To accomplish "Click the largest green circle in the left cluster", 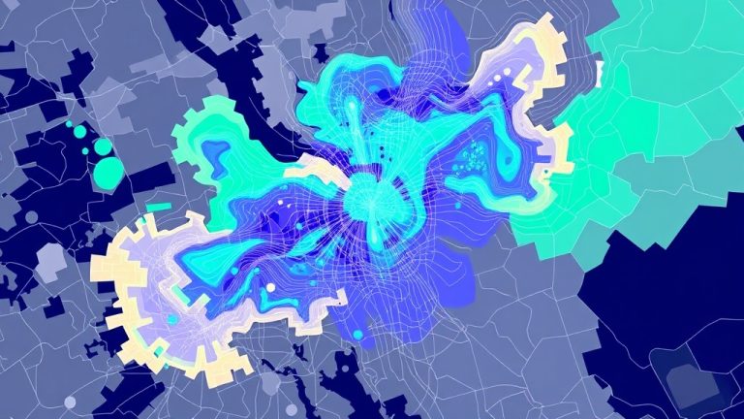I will [x=109, y=173].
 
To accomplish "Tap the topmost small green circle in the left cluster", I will [x=70, y=125].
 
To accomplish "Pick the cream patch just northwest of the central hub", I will [x=320, y=169].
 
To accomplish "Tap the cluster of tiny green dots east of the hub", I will [x=475, y=155].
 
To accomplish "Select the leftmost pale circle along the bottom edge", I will [x=70, y=402].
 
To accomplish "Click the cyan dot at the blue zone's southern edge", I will [x=359, y=336].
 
